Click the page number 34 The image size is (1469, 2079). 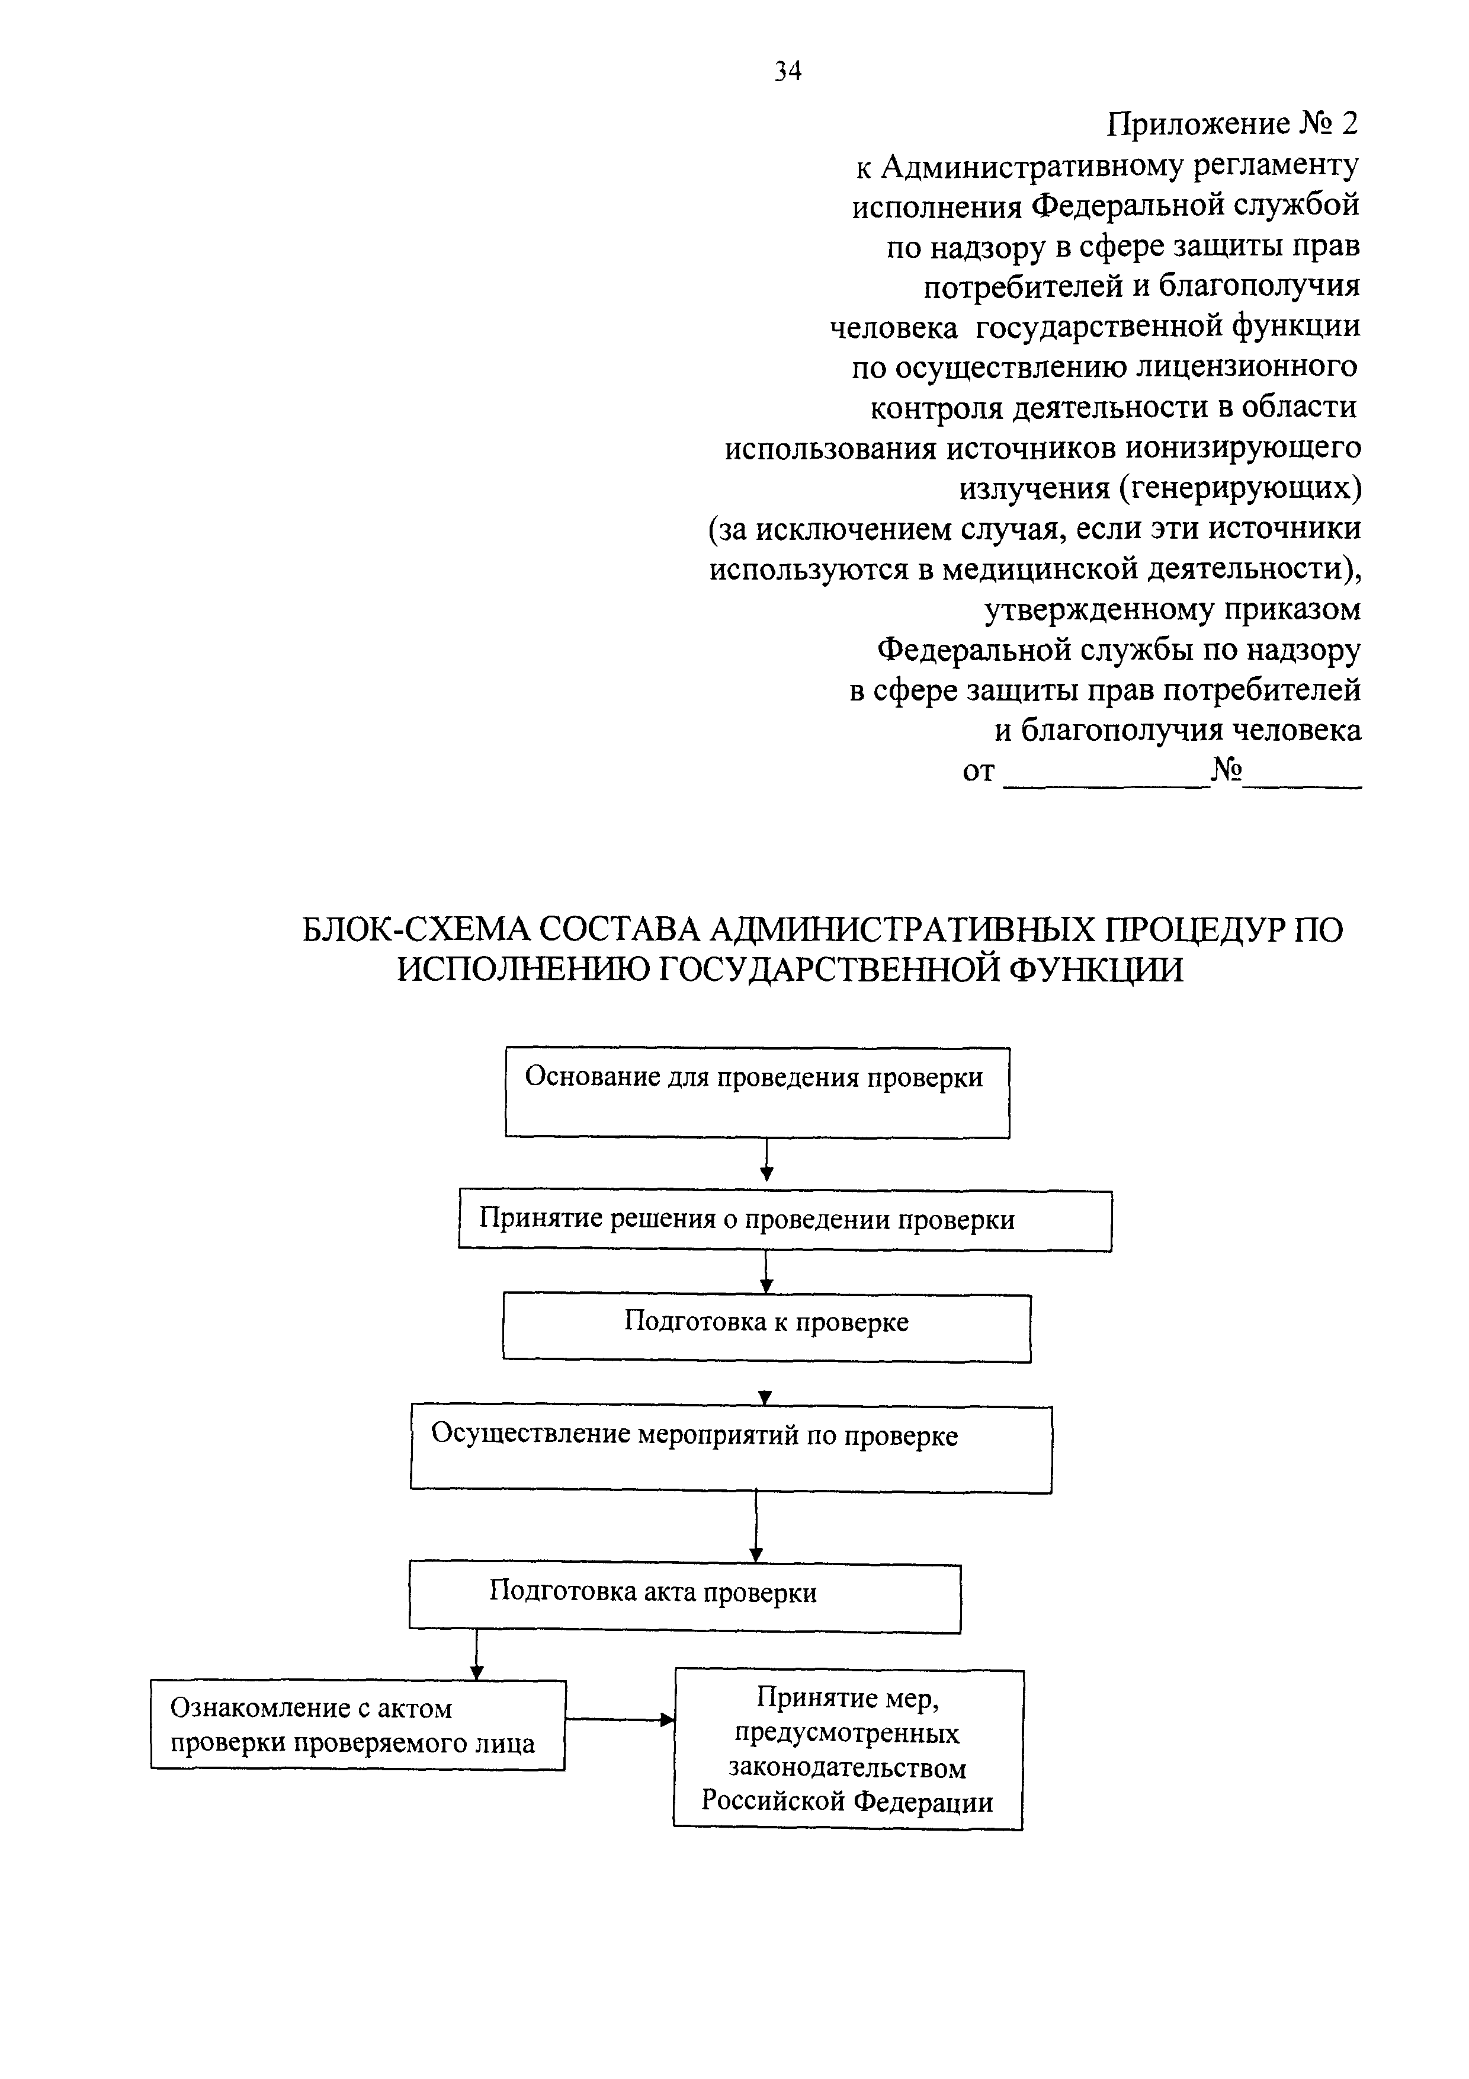(787, 71)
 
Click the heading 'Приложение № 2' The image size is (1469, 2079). (1233, 124)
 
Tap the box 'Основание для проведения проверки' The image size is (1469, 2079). (756, 1092)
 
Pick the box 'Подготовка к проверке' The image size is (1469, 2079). (766, 1328)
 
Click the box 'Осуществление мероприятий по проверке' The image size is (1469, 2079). (730, 1448)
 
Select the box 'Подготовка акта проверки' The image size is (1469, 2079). (684, 1598)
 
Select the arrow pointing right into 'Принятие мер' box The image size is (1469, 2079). (620, 1719)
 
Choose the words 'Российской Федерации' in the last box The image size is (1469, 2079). (847, 1802)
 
